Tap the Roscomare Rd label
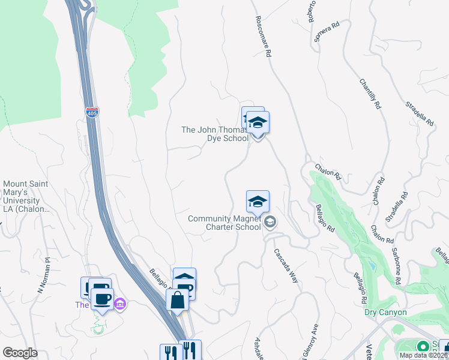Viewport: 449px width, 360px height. (262, 37)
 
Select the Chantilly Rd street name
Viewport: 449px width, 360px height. (370, 94)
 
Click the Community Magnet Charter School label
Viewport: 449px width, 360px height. (224, 223)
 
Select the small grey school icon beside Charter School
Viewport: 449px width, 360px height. (270, 223)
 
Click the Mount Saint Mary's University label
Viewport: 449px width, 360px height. (26, 197)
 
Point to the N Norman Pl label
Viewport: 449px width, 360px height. (43, 276)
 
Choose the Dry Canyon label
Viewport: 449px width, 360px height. (385, 313)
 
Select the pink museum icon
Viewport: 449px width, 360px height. (120, 304)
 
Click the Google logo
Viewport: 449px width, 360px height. (20, 353)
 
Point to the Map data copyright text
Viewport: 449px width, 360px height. (424, 355)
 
